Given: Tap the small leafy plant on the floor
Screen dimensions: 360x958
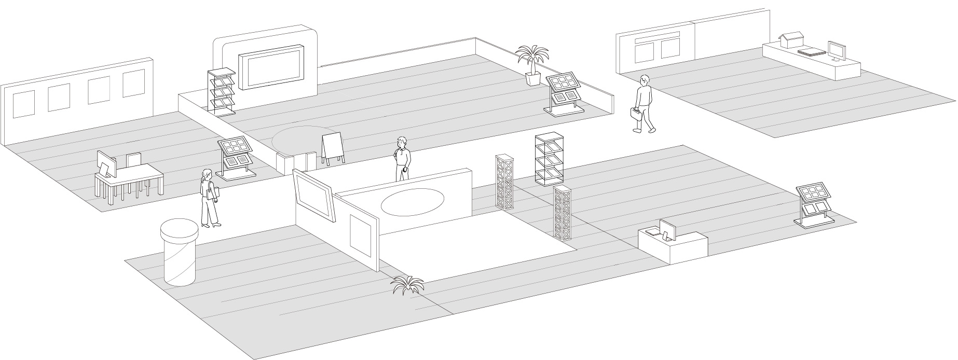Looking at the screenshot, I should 408,285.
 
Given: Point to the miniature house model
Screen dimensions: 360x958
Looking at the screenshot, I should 791,40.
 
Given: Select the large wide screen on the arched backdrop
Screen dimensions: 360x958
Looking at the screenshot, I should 271,67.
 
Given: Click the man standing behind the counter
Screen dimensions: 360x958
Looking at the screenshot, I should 402,159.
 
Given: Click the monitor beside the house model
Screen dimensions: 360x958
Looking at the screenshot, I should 836,51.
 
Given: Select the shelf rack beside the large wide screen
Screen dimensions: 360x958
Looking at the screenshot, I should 221,90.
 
